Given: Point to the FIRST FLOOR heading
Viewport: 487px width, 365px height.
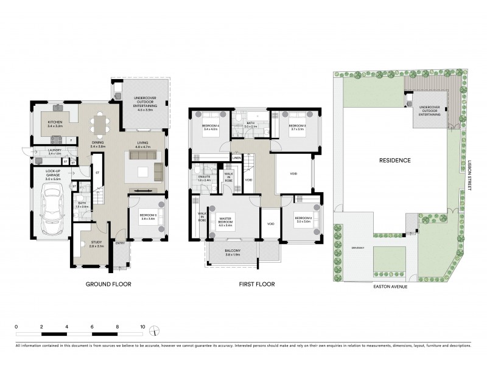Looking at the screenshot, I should [258, 284].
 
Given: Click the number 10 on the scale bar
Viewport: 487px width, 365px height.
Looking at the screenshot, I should [142, 327].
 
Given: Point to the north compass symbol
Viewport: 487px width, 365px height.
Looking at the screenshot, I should [155, 332].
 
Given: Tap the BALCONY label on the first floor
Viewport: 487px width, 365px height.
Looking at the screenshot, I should [232, 251].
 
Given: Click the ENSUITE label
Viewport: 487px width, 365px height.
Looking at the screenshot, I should [203, 178].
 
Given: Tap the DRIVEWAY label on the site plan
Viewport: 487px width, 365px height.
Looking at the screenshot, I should [358, 247].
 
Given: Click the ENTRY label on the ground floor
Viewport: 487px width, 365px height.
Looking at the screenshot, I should [119, 245].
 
